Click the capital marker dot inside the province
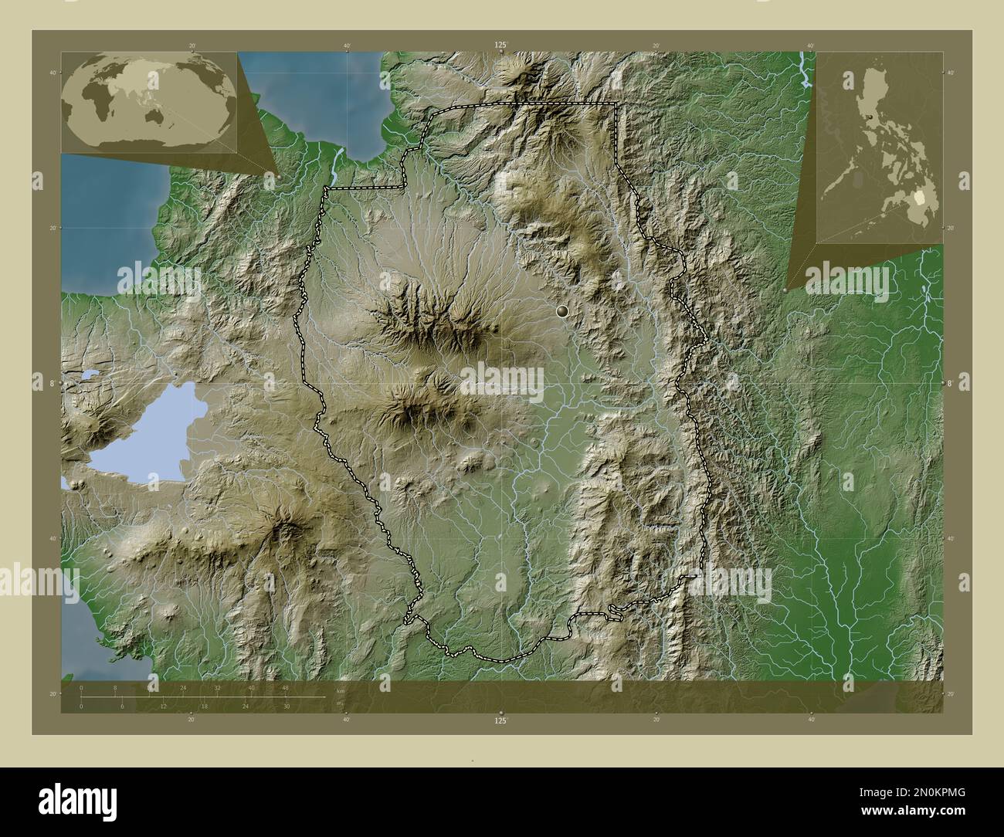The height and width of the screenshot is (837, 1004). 561,311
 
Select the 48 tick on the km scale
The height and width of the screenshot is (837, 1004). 285,687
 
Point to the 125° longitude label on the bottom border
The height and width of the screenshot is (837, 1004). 501,720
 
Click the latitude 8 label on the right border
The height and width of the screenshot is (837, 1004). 951,382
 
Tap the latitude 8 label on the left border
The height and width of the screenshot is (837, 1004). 53,382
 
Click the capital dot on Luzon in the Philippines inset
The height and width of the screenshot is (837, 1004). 870,117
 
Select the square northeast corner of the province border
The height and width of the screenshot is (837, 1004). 616,103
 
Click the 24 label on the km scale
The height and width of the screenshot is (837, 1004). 183,687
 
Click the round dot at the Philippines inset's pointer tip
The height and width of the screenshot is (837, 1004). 785,290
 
